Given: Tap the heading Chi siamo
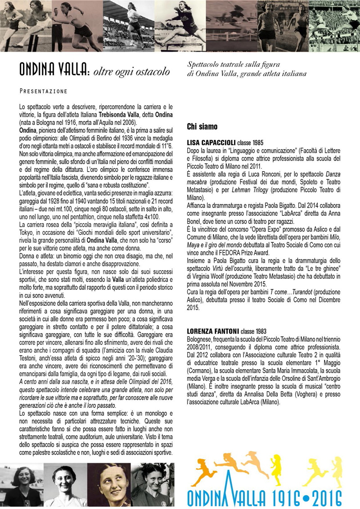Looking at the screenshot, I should [202, 127].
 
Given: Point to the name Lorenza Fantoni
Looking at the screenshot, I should [209, 331].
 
